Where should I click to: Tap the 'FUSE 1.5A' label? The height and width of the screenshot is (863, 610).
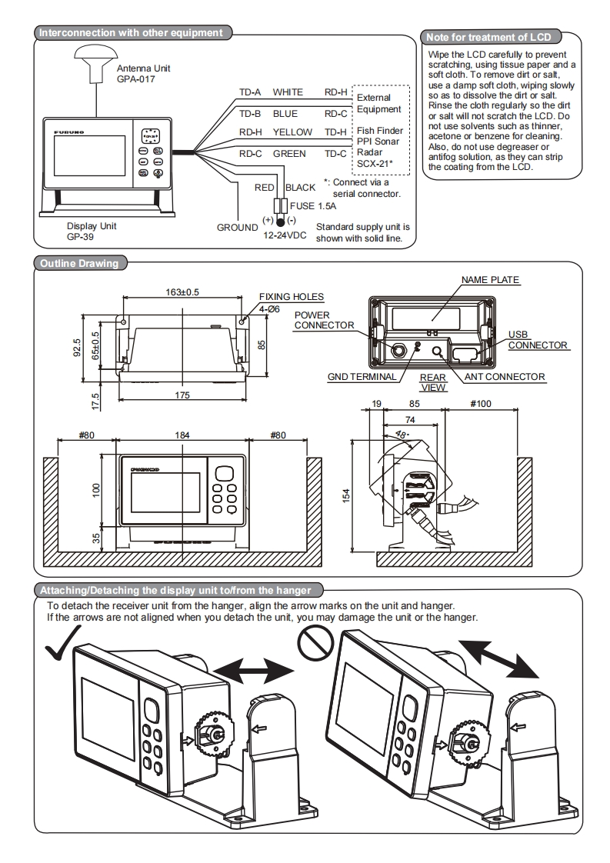[310, 205]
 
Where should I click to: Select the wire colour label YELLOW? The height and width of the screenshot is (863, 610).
[292, 132]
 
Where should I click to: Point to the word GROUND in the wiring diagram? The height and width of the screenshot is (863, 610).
[237, 228]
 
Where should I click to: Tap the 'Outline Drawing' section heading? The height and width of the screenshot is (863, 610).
[79, 264]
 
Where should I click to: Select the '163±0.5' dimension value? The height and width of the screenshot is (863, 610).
[182, 292]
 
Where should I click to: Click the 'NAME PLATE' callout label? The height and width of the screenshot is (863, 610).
[491, 280]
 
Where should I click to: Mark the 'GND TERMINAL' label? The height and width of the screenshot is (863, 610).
[362, 377]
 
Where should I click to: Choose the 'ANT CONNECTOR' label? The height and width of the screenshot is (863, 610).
[505, 377]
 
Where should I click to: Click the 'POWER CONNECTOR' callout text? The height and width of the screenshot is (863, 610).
[323, 320]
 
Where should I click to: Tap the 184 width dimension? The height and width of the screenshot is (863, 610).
[182, 435]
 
